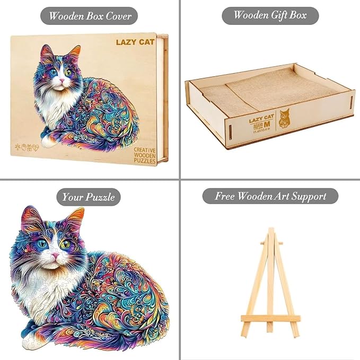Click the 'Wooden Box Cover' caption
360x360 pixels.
[x=90, y=15]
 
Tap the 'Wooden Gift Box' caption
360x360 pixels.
[x=270, y=15]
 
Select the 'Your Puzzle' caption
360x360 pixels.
[x=89, y=197]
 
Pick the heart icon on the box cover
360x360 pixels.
[x=36, y=148]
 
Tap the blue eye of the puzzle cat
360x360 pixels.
[x=42, y=244]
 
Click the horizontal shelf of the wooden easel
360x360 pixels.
[x=270, y=319]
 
